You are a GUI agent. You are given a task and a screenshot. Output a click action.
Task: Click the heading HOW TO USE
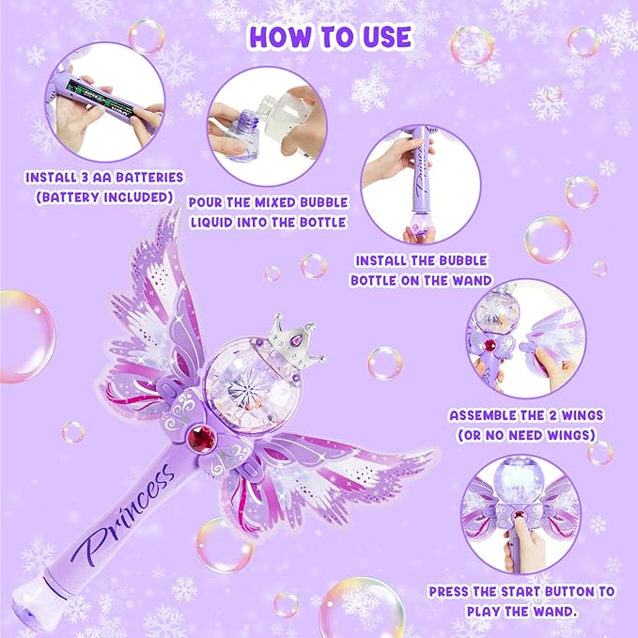coord(330,37)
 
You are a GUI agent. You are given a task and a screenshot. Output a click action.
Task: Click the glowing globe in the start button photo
coord(521,483)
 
